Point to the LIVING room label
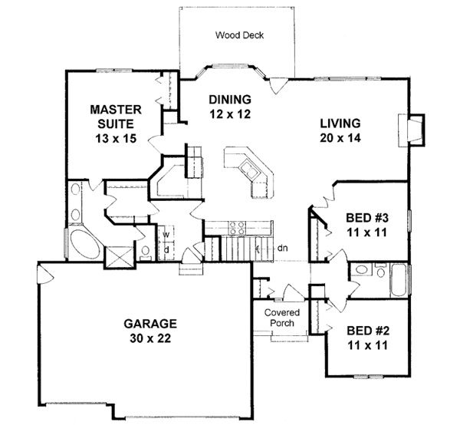[x=342, y=124]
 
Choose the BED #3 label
[x=360, y=217]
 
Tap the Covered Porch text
[x=282, y=318]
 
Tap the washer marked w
[x=165, y=235]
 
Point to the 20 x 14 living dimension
[x=342, y=138]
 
